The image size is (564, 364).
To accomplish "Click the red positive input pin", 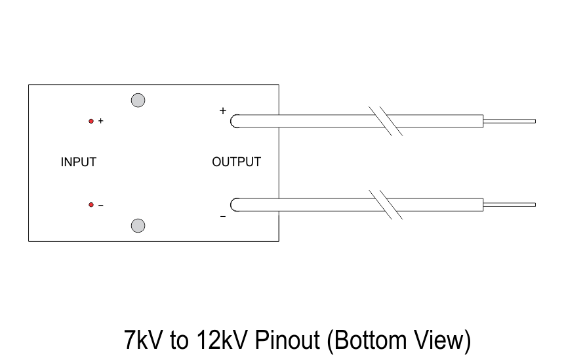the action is tap(91, 121).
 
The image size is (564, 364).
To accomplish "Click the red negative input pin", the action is tap(91, 205).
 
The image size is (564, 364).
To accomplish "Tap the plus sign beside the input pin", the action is tap(101, 121).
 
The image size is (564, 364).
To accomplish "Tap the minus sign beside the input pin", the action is tap(101, 205).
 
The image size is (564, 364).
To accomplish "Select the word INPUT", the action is tap(79, 162).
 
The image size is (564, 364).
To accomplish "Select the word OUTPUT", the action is tap(236, 162).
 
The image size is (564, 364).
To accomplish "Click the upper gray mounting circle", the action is tap(138, 100).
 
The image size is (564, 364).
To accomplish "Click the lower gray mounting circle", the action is tap(138, 225).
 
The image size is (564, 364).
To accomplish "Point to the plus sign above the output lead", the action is tap(223, 110).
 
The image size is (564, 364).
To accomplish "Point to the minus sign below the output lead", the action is tap(223, 217).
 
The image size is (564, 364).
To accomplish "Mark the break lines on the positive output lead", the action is tap(386, 121).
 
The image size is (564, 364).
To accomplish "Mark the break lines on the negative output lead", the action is tap(386, 205).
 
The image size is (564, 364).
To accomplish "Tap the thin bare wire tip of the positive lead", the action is tap(510, 121).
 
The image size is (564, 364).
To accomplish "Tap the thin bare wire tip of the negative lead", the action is tap(510, 205).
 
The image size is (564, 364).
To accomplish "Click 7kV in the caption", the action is tap(143, 340).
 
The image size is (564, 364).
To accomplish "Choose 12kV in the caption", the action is tap(222, 340).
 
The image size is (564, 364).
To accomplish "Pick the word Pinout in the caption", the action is tap(287, 340).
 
